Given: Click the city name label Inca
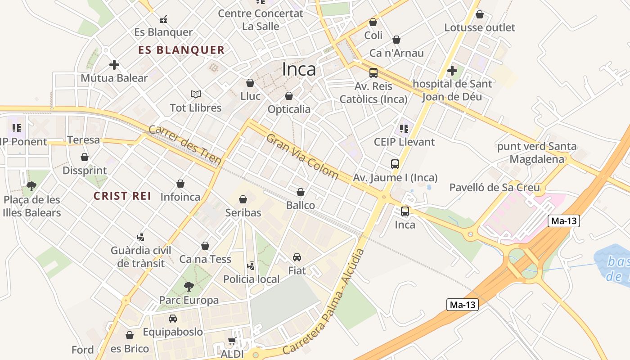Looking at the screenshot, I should click(299, 69).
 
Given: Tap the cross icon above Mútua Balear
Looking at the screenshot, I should click(114, 65).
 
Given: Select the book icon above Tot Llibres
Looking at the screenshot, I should click(195, 94).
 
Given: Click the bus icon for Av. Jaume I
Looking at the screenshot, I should click(395, 164).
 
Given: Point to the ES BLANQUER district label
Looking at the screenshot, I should click(181, 50).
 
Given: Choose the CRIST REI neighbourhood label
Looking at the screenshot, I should click(122, 196).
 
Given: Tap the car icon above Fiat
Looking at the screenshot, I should click(297, 257).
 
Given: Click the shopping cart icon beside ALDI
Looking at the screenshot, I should click(232, 341).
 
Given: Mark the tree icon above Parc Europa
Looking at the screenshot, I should click(189, 286).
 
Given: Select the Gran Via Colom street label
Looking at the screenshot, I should click(302, 156).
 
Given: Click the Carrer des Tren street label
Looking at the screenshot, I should click(185, 145).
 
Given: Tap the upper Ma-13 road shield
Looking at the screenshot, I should click(563, 221).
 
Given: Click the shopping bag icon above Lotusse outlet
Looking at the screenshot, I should click(480, 14).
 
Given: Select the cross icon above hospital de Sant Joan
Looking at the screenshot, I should click(452, 71).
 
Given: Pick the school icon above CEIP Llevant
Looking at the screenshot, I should click(404, 129).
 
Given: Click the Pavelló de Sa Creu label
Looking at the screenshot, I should click(495, 188).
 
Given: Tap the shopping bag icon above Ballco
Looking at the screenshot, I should click(301, 192).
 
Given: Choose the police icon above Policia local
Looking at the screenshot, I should click(251, 265).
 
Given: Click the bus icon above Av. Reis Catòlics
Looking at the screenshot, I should click(373, 72).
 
